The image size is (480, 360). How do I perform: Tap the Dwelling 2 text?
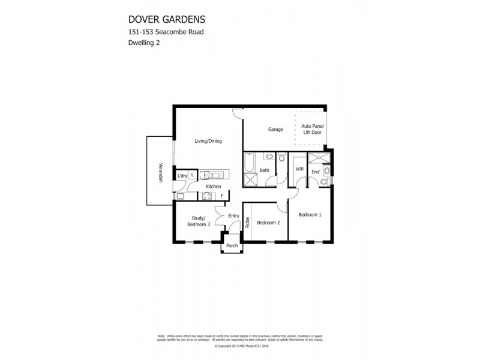143,43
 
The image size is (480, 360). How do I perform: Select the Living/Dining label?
208,141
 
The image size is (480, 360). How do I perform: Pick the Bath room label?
263,170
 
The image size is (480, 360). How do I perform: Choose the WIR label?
299,170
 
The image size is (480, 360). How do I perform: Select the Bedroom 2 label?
268,223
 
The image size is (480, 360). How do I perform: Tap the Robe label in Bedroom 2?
247,223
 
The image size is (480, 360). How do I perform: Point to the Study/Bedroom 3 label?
200,221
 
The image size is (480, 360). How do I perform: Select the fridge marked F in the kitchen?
222,196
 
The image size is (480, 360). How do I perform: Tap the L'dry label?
181,175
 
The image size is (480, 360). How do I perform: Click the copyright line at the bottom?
239,346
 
